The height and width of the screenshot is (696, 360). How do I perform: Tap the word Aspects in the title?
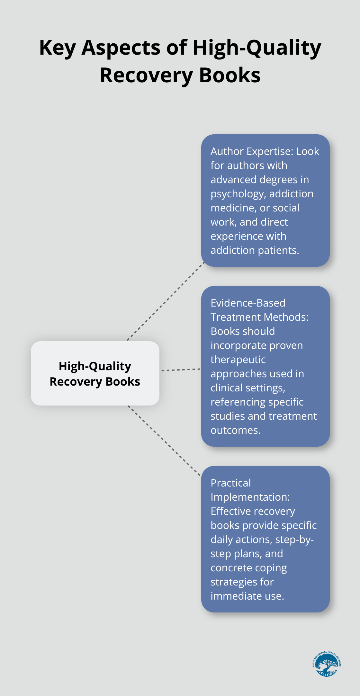point(121,48)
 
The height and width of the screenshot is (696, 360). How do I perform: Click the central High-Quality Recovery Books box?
point(95,373)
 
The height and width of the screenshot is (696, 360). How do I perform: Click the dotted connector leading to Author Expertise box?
point(166,301)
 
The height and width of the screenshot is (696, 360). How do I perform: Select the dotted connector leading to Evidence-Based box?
point(181,370)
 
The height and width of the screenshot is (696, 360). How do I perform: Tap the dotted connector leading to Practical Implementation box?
point(164,441)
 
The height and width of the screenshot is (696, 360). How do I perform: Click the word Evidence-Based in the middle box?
point(248,303)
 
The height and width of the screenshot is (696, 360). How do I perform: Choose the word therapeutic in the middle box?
point(238,360)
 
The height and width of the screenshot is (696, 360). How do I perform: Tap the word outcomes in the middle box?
point(235,430)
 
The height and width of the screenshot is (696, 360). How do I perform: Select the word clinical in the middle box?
point(227,388)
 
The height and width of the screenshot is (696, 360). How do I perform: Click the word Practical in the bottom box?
point(230,483)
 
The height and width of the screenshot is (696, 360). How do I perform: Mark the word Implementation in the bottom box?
point(250,497)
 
